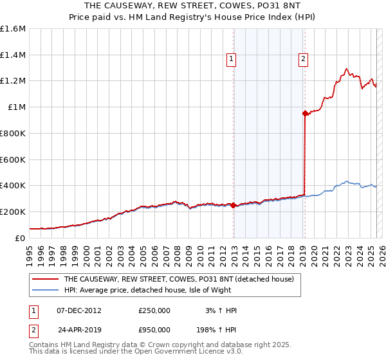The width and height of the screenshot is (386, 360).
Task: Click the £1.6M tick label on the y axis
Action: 13,29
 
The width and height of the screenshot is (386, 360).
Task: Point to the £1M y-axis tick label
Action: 16,107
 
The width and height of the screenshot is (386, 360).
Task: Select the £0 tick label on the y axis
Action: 21,238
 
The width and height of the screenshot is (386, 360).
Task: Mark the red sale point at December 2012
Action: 234,206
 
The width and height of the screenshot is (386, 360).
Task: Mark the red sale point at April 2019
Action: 305,113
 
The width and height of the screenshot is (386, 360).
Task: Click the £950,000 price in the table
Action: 154,330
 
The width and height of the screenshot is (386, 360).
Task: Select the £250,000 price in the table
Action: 154,310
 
